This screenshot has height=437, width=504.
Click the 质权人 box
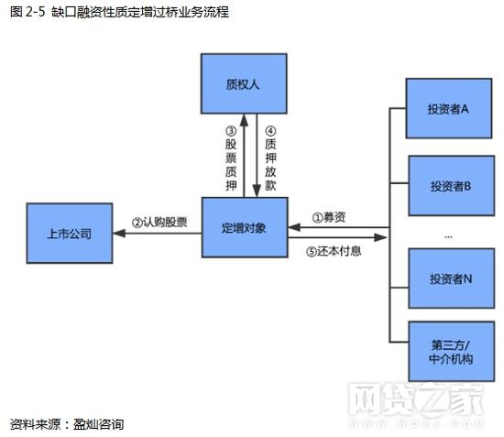point(243,83)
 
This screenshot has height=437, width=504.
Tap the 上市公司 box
point(69,234)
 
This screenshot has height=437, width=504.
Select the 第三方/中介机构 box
point(449,352)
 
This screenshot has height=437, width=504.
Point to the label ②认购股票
point(159,222)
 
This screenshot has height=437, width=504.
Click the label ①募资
point(329,217)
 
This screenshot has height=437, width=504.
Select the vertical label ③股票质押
point(231,158)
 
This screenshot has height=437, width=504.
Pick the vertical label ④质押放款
point(268,158)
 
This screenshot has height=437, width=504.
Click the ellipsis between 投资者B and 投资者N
point(448,235)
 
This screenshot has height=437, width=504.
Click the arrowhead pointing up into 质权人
point(243,117)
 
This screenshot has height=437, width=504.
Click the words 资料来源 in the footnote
point(33,424)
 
